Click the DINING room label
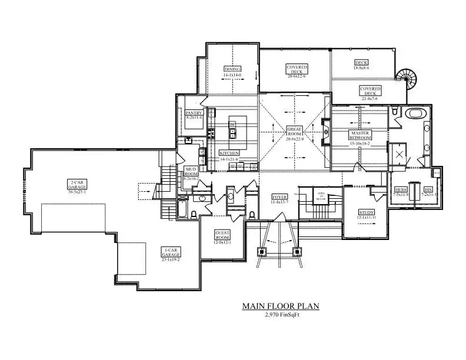(x=232, y=69)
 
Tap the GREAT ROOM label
(x=294, y=131)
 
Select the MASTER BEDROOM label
(x=359, y=135)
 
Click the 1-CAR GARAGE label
(x=171, y=251)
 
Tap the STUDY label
(x=367, y=212)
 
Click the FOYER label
(x=279, y=196)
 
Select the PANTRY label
(x=194, y=113)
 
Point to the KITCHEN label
(x=229, y=153)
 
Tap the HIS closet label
(x=428, y=190)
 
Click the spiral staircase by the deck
(x=405, y=77)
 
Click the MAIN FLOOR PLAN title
(x=281, y=306)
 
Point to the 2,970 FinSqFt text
(x=280, y=315)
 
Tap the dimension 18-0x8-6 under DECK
(x=361, y=68)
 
